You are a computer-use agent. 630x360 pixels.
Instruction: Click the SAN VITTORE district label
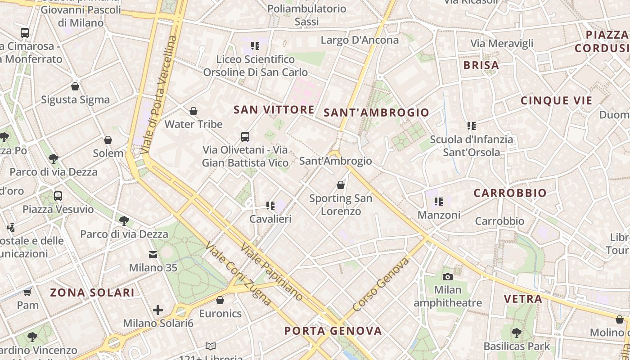pyautogui.click(x=274, y=109)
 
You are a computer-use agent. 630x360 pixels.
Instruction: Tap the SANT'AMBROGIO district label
pyautogui.click(x=376, y=112)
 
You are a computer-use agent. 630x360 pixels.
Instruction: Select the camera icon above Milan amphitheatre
pyautogui.click(x=447, y=277)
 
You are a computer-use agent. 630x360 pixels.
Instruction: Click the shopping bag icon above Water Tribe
pyautogui.click(x=193, y=111)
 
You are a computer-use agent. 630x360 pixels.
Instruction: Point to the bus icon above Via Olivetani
pyautogui.click(x=245, y=136)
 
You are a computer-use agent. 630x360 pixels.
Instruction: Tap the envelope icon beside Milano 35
pyautogui.click(x=153, y=255)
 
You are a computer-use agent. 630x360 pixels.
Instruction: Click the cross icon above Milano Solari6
pyautogui.click(x=158, y=310)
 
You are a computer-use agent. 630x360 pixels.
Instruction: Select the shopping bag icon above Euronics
pyautogui.click(x=220, y=300)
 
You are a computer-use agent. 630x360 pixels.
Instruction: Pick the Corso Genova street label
pyautogui.click(x=381, y=284)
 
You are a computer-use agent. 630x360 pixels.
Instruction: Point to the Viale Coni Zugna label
pyautogui.click(x=238, y=274)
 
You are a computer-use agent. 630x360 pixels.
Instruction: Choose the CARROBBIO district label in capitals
pyautogui.click(x=510, y=193)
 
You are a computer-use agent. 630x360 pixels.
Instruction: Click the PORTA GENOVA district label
pyautogui.click(x=333, y=331)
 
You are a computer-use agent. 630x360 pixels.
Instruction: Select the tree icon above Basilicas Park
pyautogui.click(x=517, y=333)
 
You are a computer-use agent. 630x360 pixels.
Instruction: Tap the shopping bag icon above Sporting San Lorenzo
pyautogui.click(x=341, y=185)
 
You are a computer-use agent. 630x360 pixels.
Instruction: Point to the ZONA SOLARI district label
pyautogui.click(x=92, y=292)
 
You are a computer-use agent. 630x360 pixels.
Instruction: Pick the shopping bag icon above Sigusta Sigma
pyautogui.click(x=75, y=86)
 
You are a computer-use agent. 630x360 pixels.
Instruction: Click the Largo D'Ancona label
pyautogui.click(x=360, y=40)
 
